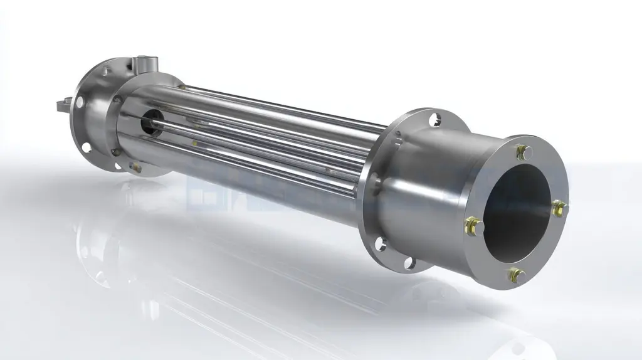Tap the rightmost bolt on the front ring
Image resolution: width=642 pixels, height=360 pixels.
tap(558, 207)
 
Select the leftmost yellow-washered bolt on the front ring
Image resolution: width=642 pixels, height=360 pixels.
tap(471, 223)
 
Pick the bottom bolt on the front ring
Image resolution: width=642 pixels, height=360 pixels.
tap(515, 274)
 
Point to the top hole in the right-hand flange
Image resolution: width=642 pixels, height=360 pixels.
tap(434, 118)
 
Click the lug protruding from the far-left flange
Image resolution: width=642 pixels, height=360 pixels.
tap(61, 103)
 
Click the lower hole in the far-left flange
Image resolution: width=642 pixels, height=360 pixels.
tap(85, 147)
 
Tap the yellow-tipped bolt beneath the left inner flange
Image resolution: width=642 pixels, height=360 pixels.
tap(134, 165)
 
